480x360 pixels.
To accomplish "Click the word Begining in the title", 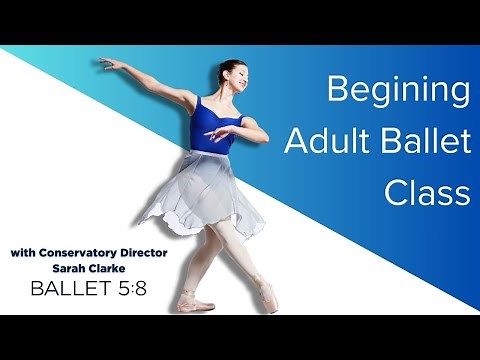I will point(399,93).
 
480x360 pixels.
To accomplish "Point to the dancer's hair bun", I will point(221,66).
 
